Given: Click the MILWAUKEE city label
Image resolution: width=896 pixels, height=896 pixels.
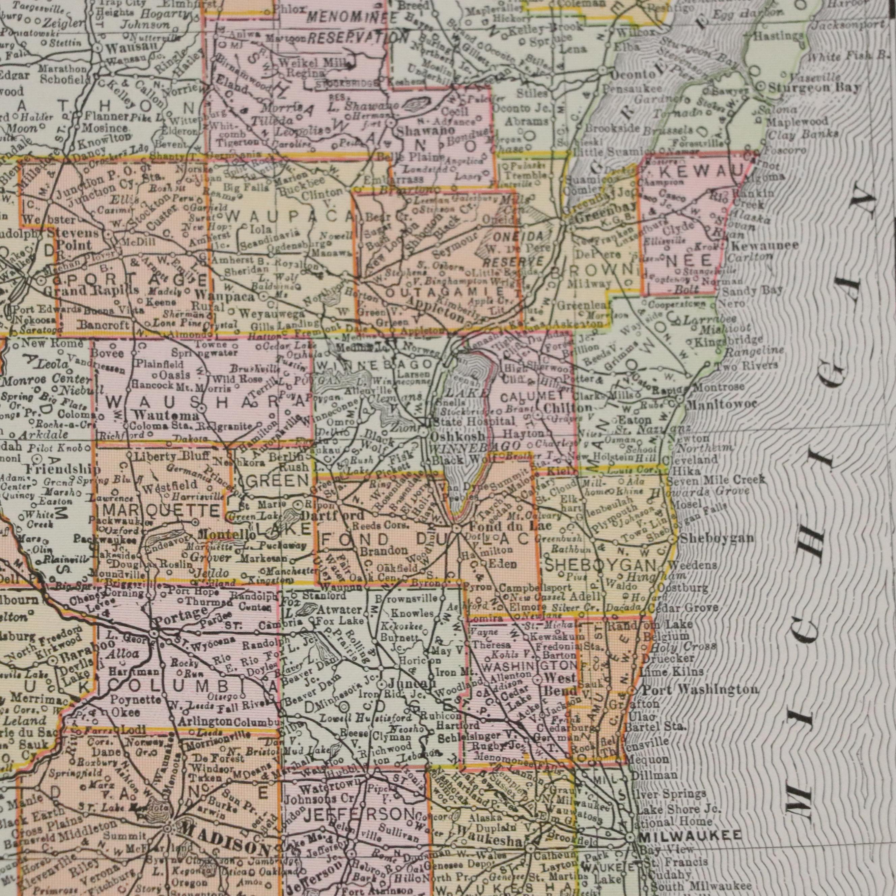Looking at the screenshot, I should click(690, 835).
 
